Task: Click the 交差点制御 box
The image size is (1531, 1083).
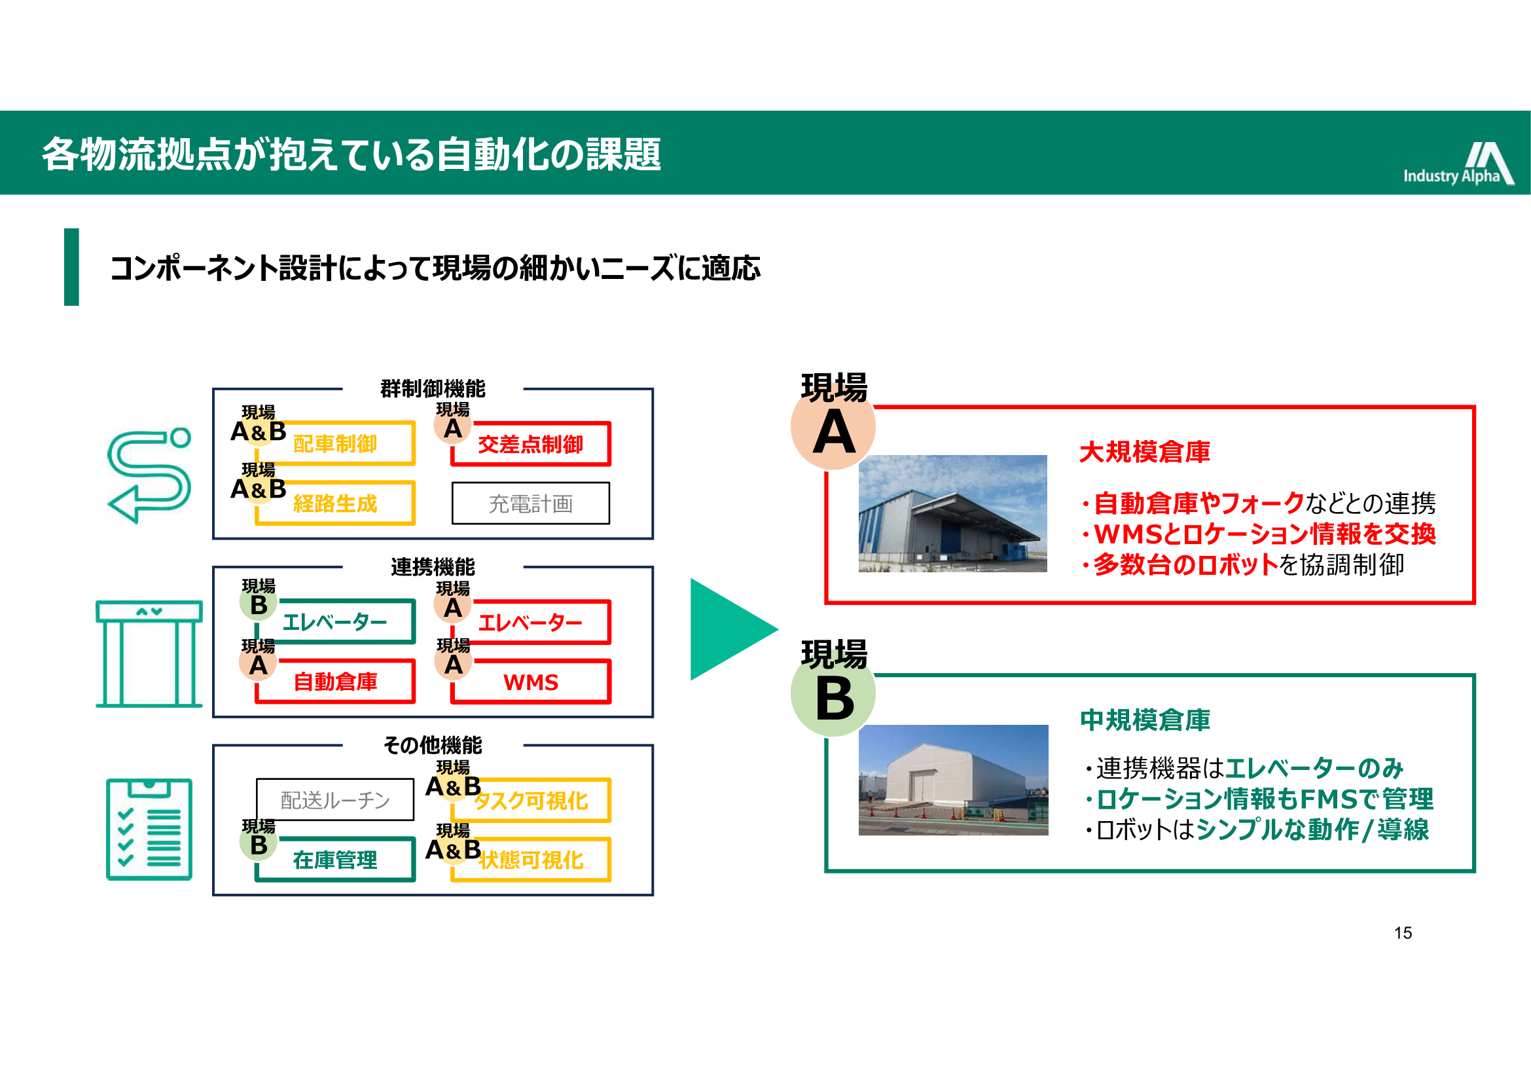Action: [531, 443]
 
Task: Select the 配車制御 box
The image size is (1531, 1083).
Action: [335, 443]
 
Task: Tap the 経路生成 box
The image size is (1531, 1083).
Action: [335, 503]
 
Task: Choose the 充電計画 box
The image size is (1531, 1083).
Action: [531, 504]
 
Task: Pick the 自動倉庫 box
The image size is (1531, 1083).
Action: [335, 682]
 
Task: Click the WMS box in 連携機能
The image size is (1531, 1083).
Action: [531, 682]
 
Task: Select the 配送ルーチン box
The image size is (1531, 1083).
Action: [335, 799]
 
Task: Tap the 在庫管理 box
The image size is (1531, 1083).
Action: [335, 860]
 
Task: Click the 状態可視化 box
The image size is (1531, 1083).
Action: [531, 860]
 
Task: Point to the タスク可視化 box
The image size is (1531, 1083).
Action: [531, 800]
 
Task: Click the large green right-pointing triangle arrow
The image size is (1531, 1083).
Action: [734, 629]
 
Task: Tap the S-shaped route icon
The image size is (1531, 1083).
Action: [149, 475]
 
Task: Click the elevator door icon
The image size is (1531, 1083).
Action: [149, 653]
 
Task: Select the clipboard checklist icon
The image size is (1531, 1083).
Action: [149, 830]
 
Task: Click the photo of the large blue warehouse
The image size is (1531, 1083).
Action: [953, 513]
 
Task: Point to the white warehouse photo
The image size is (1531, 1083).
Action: [954, 780]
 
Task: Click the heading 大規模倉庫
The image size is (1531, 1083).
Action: [1145, 452]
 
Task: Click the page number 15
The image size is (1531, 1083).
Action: [1403, 933]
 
